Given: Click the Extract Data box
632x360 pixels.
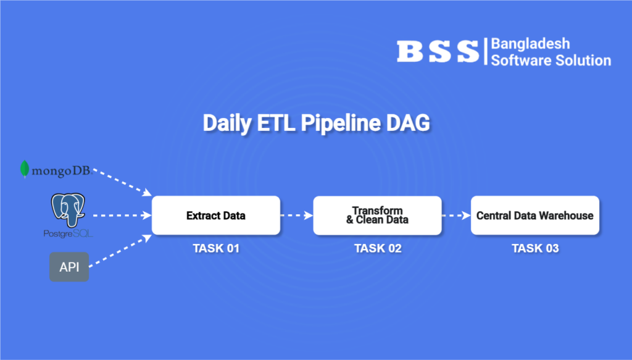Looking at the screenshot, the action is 215,216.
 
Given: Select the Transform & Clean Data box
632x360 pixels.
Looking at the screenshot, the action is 377,216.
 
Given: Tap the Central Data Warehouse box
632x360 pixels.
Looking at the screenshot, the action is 535,216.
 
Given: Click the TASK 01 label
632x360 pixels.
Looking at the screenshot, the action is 216,248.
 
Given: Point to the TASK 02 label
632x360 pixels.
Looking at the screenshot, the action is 378,248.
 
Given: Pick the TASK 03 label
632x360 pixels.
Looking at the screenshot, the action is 535,248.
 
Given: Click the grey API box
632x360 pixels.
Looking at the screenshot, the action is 69,267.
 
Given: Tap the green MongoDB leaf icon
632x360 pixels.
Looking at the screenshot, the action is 25,169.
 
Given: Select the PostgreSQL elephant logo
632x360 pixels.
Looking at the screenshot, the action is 68,209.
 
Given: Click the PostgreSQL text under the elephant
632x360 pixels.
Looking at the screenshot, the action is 68,233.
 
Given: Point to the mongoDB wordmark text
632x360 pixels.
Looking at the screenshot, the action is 62,171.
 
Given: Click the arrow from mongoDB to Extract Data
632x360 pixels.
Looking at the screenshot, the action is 122,182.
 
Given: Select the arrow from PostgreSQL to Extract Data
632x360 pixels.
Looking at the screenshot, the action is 122,216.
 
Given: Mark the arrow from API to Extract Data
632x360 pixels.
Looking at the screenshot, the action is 120,251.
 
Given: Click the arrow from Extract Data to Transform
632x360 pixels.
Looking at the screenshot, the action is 297,216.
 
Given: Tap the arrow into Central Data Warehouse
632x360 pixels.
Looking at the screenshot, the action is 456,216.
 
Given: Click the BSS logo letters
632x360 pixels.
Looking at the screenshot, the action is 438,52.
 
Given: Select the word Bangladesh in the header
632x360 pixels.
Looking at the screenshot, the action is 530,44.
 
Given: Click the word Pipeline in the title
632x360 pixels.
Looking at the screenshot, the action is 341,123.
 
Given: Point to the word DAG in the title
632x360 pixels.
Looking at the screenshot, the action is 408,123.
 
